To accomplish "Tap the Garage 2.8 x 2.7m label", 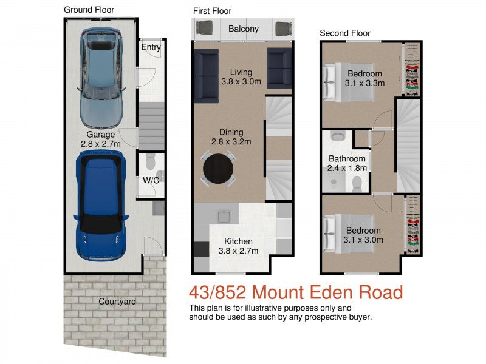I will click(x=100, y=140).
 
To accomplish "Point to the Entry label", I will click(x=151, y=47).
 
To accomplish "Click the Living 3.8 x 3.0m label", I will click(x=241, y=76).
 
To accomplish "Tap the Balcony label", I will click(x=243, y=29).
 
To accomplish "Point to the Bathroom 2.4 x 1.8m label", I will click(x=346, y=164).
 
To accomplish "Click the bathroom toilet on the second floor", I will click(x=358, y=183).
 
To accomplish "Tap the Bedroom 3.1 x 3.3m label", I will click(x=365, y=79).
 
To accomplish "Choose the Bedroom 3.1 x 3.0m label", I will click(x=363, y=235).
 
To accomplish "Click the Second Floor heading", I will click(x=344, y=33).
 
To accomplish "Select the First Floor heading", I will click(x=212, y=12).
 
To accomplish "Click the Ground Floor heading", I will click(x=89, y=10).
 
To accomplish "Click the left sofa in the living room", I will click(x=206, y=76).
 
